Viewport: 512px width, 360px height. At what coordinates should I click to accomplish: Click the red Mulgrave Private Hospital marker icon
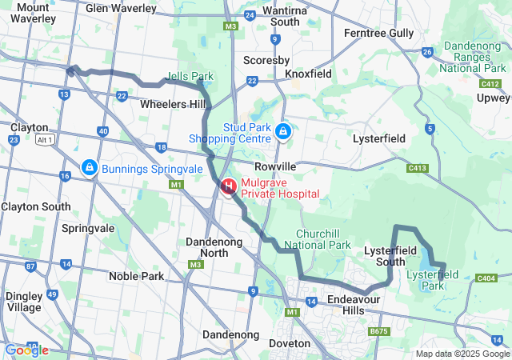[x=229, y=186]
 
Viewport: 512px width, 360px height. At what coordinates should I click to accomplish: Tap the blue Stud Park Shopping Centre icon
[x=282, y=130]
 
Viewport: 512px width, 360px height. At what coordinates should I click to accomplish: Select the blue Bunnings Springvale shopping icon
[x=89, y=168]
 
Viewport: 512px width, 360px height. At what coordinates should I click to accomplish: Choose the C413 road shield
[x=416, y=168]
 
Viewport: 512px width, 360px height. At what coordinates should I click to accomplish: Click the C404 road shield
[x=486, y=278]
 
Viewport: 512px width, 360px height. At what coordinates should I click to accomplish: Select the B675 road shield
[x=378, y=330]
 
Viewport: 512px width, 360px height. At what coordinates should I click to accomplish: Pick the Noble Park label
[x=136, y=276]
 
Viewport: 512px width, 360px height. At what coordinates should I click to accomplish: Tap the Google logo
[x=26, y=350]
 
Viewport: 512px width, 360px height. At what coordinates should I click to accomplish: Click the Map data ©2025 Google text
[x=462, y=354]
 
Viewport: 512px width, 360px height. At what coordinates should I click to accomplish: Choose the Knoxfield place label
[x=308, y=74]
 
